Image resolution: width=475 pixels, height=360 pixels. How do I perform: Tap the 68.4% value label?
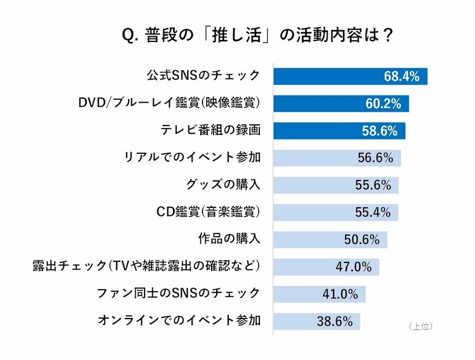[x=401, y=76]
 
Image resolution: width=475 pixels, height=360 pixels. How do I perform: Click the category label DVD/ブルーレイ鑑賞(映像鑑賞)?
[x=169, y=103]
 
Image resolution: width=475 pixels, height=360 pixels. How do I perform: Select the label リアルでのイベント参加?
[x=192, y=158]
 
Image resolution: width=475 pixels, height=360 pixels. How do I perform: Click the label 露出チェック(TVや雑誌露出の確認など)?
[x=146, y=266]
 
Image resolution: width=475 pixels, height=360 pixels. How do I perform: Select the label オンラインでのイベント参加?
[x=179, y=321]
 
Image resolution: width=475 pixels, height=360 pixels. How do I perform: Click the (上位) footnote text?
[x=420, y=326]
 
